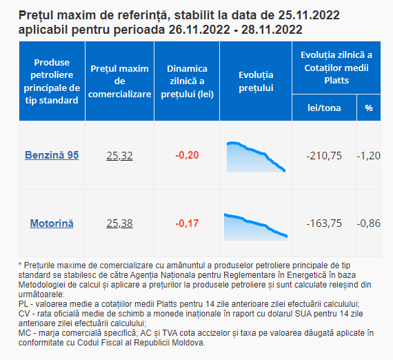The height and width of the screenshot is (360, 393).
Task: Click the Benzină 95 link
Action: (x=52, y=155)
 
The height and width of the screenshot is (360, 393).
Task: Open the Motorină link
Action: (x=52, y=223)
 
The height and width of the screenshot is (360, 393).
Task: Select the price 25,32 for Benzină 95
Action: (x=119, y=156)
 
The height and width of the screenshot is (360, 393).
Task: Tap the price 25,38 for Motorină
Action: (x=119, y=223)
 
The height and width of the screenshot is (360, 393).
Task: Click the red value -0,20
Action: (x=187, y=155)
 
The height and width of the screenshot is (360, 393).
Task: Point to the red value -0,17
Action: (x=187, y=223)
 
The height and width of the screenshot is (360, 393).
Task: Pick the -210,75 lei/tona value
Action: (x=324, y=156)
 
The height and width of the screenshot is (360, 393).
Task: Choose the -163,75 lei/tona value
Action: (x=324, y=223)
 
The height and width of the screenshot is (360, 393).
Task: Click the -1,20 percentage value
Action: (x=369, y=156)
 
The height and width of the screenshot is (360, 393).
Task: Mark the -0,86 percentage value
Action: (x=369, y=223)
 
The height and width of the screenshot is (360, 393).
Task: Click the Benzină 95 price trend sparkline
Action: (x=256, y=157)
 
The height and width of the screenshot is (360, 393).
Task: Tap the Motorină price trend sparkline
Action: (x=256, y=227)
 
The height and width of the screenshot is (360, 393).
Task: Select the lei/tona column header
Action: (x=324, y=108)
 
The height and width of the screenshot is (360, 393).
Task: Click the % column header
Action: (x=369, y=108)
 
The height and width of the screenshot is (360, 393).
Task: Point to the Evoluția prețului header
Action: (x=256, y=81)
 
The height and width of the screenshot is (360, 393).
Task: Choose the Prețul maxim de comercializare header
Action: (x=119, y=81)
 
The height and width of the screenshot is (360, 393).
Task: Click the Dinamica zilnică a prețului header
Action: (x=187, y=81)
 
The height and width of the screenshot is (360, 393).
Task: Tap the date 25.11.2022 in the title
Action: (x=309, y=15)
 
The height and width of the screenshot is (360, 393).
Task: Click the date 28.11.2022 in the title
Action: (x=272, y=30)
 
